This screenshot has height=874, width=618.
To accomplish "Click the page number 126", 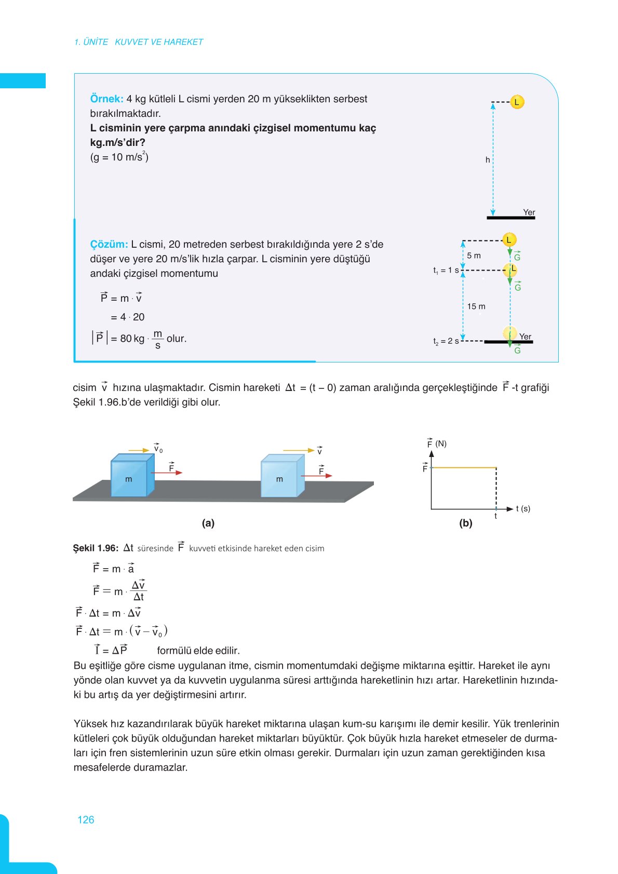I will [x=86, y=819].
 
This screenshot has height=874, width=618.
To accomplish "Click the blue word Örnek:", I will [x=106, y=99].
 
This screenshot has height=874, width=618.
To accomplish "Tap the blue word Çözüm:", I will [x=109, y=244].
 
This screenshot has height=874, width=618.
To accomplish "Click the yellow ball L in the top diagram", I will [x=517, y=102].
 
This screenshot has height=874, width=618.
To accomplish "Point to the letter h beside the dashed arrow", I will [x=487, y=160].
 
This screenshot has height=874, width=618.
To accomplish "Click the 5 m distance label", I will [x=474, y=256].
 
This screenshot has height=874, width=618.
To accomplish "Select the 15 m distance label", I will [x=476, y=306].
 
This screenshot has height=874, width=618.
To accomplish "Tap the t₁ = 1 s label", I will [x=446, y=271].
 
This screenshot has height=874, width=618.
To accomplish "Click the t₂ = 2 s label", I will [x=446, y=341].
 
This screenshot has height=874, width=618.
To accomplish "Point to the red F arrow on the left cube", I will [x=166, y=473].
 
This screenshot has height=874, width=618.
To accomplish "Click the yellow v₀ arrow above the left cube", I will [x=139, y=450].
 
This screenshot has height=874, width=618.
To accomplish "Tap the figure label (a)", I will [x=208, y=523].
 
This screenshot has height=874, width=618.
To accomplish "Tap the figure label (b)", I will [x=465, y=523].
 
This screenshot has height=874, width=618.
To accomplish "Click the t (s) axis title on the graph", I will [x=523, y=508].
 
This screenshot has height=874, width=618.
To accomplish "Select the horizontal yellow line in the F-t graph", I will [x=463, y=468].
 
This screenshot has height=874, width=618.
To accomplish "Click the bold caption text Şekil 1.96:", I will [x=96, y=548].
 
